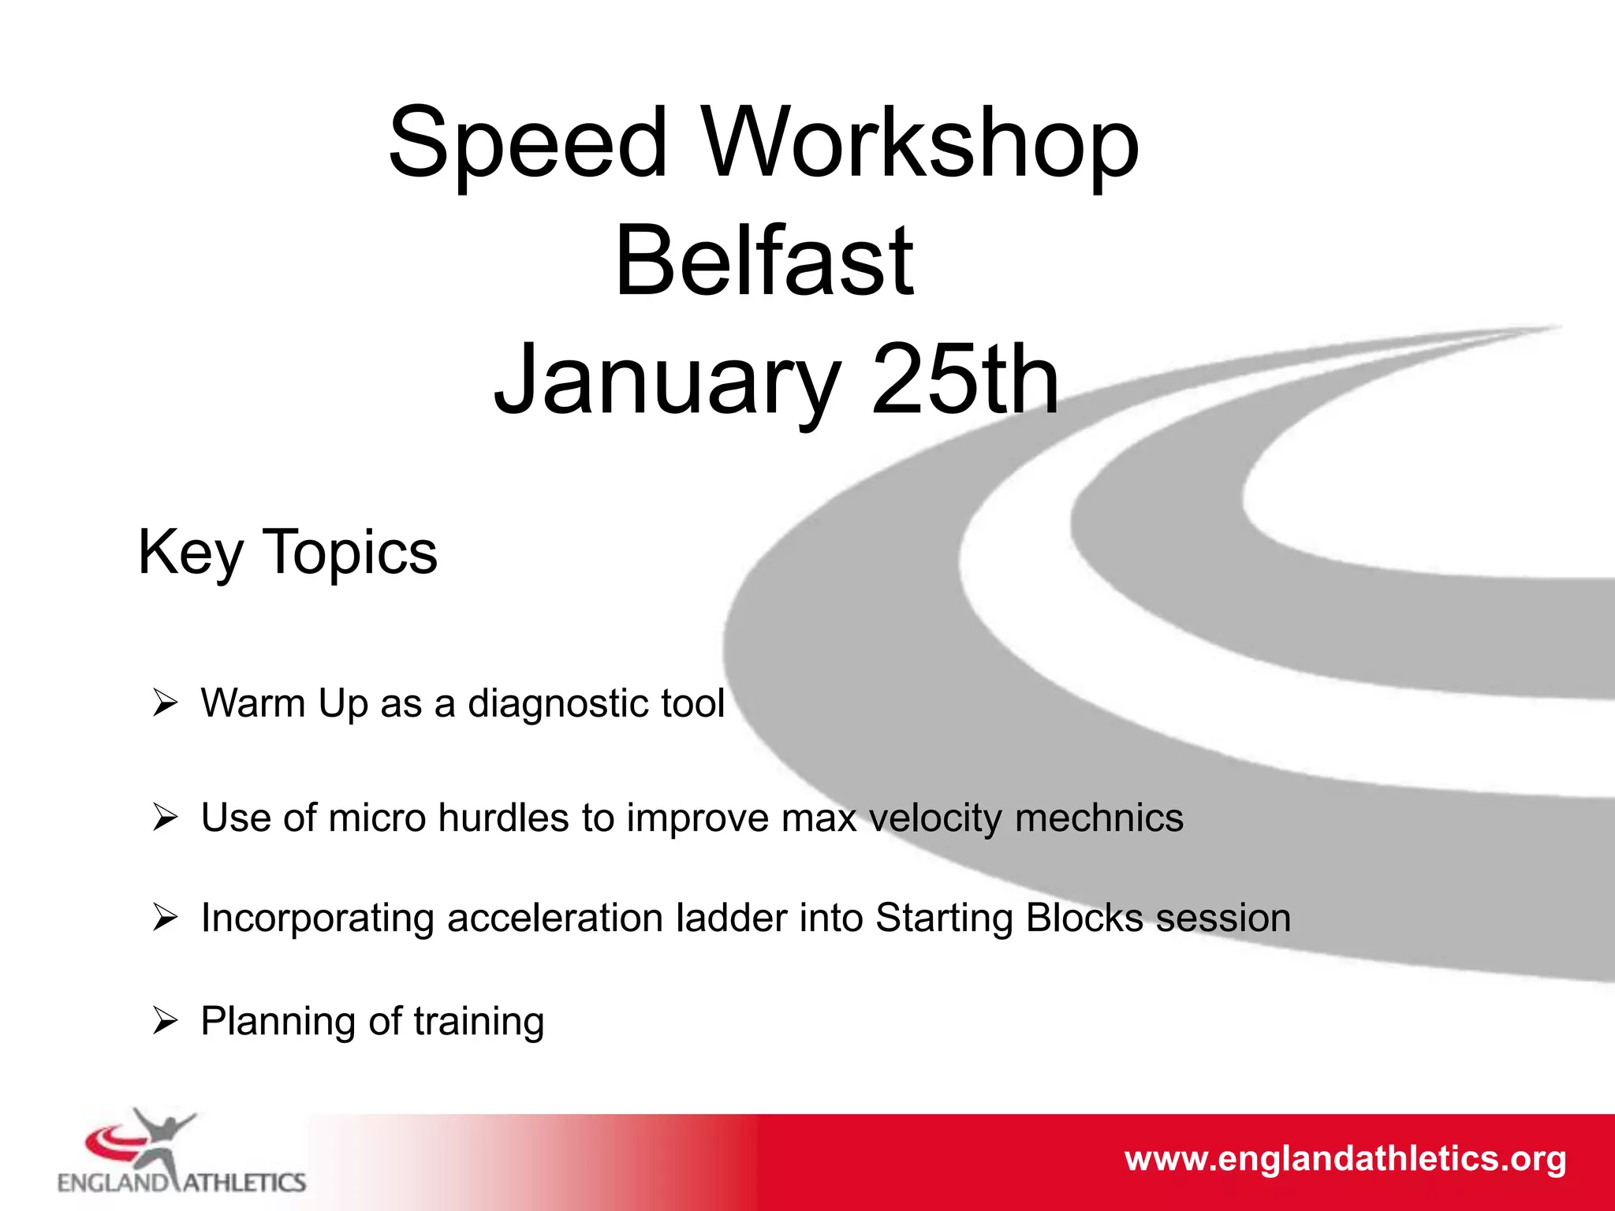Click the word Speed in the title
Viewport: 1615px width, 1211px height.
tap(528, 143)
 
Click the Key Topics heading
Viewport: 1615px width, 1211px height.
tap(287, 552)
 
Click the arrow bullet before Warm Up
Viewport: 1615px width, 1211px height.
tap(165, 702)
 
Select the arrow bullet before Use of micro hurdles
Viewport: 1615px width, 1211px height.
tap(165, 817)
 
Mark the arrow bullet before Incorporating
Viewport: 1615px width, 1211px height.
tap(165, 917)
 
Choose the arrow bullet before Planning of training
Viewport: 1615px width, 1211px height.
tap(165, 1020)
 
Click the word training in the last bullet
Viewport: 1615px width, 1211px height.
tap(479, 1022)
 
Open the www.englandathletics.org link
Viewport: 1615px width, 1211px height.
tap(1345, 1159)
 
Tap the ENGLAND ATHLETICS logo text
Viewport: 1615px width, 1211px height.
tap(181, 1183)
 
